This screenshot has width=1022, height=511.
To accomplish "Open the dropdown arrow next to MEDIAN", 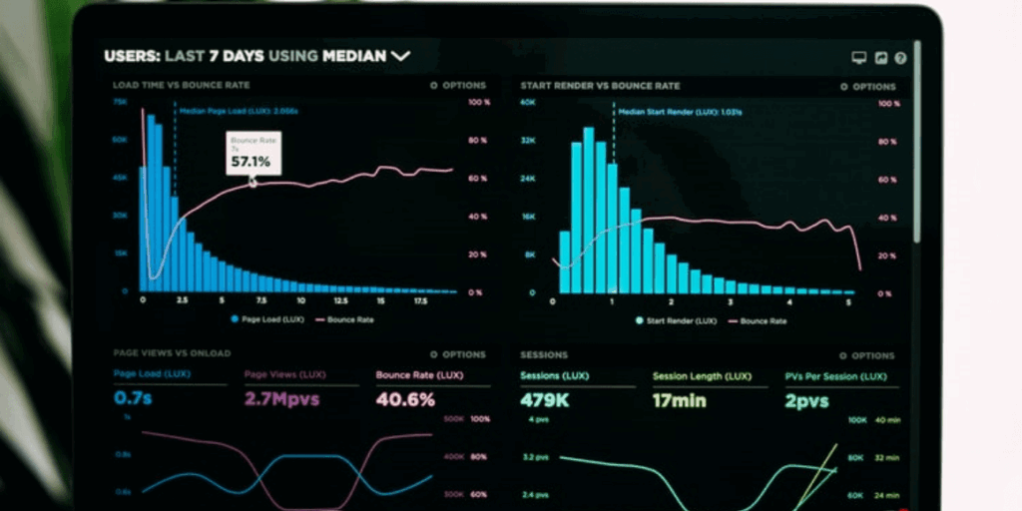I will click(x=400, y=57).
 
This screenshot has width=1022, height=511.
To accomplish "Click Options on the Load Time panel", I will click(x=459, y=86).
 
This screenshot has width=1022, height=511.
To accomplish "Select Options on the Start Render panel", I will click(x=867, y=87).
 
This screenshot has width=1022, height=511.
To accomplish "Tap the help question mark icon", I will click(x=900, y=58).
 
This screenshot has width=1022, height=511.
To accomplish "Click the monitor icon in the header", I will click(x=858, y=58).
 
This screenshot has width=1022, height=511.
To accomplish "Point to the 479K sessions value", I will click(x=544, y=400).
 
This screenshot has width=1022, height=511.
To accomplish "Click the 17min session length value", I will click(x=679, y=400).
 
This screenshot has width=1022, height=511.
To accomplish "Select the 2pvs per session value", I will click(x=807, y=400).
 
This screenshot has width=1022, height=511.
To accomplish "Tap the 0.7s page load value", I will click(x=133, y=399).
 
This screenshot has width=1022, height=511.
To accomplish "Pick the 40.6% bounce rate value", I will click(x=405, y=399).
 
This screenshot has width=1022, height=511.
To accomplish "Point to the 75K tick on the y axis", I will click(x=120, y=102).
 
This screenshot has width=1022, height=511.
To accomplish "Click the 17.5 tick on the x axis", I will click(x=420, y=300).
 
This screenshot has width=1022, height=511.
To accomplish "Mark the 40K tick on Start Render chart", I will click(x=528, y=102).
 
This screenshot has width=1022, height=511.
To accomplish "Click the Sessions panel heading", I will click(x=544, y=354).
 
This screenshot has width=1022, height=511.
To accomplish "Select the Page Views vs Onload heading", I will click(x=171, y=353).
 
